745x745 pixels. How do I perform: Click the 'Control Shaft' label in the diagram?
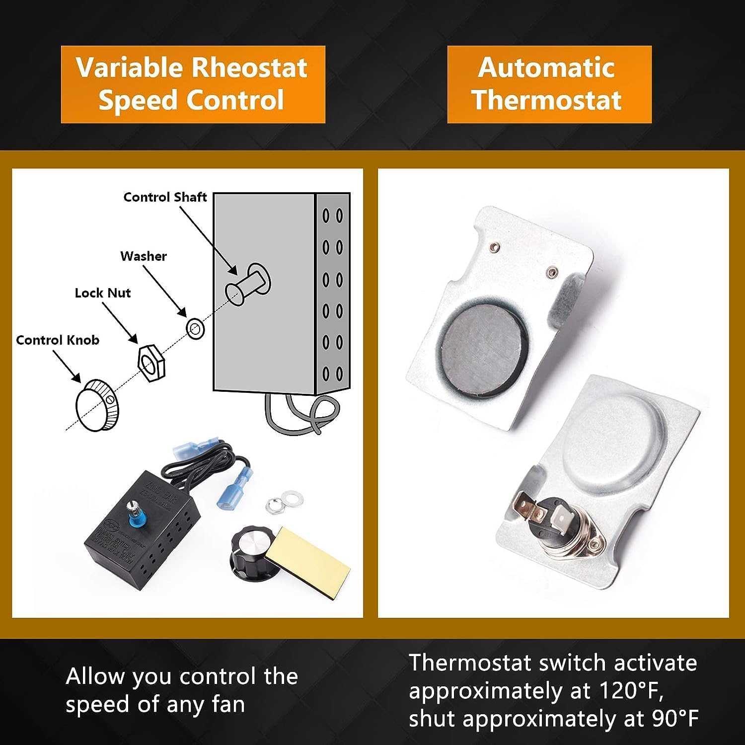point(165,197)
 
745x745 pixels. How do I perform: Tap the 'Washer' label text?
point(144,256)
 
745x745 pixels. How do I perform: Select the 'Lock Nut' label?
point(103,293)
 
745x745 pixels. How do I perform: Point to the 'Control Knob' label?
point(58,340)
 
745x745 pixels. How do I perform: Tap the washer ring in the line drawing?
point(195,329)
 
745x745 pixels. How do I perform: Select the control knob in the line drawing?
point(97,405)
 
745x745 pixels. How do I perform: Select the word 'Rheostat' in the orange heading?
point(249,68)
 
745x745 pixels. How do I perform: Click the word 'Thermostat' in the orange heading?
point(547,100)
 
